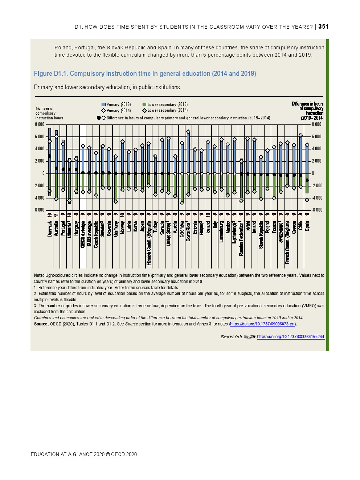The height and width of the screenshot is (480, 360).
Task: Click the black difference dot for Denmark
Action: (x=50, y=156)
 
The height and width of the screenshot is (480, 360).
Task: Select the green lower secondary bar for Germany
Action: (x=116, y=187)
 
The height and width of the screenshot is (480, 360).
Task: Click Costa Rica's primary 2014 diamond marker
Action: (x=188, y=132)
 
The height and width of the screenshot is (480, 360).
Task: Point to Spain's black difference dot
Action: (x=307, y=180)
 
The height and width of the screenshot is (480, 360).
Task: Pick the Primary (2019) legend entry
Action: (x=116, y=104)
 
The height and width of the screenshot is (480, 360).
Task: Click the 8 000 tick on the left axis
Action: (x=40, y=124)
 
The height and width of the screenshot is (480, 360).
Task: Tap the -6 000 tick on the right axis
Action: (x=317, y=210)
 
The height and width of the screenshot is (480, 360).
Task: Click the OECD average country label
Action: (x=83, y=234)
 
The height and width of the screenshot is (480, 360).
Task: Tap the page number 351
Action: (x=323, y=26)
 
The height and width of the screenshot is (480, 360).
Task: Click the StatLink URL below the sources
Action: (x=290, y=337)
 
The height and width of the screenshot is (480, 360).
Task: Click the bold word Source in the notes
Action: (x=41, y=324)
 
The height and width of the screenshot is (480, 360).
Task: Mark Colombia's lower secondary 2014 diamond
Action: (x=182, y=203)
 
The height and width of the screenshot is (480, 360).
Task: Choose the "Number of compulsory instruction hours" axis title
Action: (x=49, y=113)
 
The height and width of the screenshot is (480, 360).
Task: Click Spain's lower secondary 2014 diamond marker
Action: (x=307, y=200)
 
